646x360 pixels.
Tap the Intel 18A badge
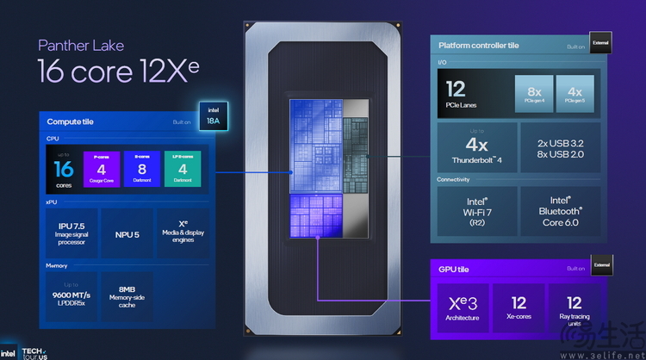(213, 116)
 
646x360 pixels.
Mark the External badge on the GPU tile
(599, 267)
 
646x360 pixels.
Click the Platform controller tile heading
(479, 46)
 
